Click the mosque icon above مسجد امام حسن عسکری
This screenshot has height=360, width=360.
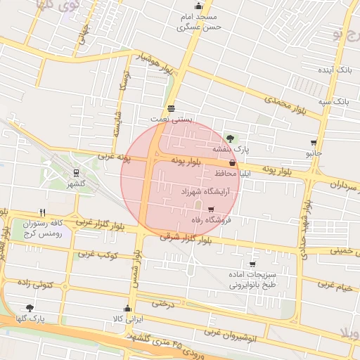198,6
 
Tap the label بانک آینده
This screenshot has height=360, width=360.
334,71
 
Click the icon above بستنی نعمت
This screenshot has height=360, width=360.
171,108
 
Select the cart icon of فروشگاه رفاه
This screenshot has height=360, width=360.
211,208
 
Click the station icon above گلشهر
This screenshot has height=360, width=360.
75,172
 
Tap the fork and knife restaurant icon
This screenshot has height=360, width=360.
42,212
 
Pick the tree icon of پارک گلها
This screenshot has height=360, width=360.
29,308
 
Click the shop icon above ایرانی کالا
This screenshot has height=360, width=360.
127,308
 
